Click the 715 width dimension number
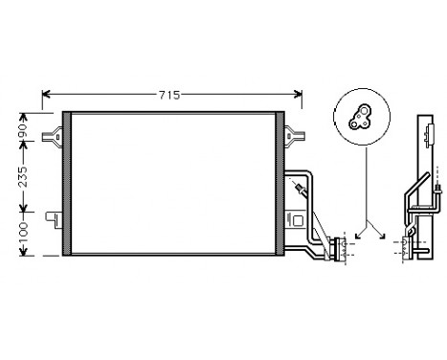click(x=171, y=96)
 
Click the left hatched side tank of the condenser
click(x=66, y=184)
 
